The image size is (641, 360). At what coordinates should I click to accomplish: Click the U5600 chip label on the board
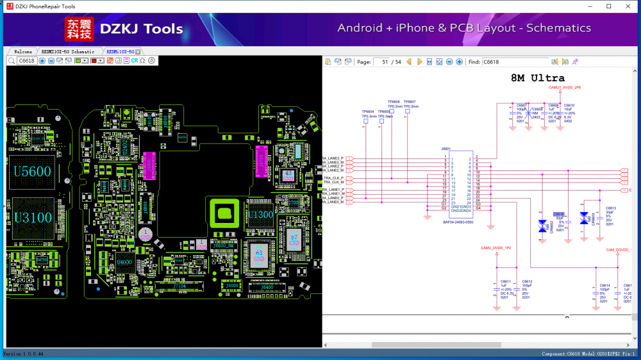coord(32,172)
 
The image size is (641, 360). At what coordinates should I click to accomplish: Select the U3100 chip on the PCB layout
coord(32,217)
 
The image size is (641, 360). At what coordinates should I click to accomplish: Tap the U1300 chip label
coord(261,215)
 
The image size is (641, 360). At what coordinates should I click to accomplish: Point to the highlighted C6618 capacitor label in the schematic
coord(559,215)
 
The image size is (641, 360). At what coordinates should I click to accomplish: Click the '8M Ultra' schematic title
coord(537,78)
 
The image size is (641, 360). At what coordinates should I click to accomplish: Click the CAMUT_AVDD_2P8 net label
coord(565,87)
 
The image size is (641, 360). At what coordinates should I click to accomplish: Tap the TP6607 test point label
coord(410,102)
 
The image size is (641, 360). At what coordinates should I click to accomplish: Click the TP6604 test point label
coord(367,111)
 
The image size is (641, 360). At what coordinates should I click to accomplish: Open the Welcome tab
coord(23,51)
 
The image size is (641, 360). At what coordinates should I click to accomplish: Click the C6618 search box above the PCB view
coord(27,61)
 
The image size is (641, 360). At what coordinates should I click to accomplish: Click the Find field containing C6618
coord(515,62)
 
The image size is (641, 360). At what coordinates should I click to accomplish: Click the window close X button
coord(627,6)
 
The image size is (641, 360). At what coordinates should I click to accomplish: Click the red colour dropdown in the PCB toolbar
coord(97,61)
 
